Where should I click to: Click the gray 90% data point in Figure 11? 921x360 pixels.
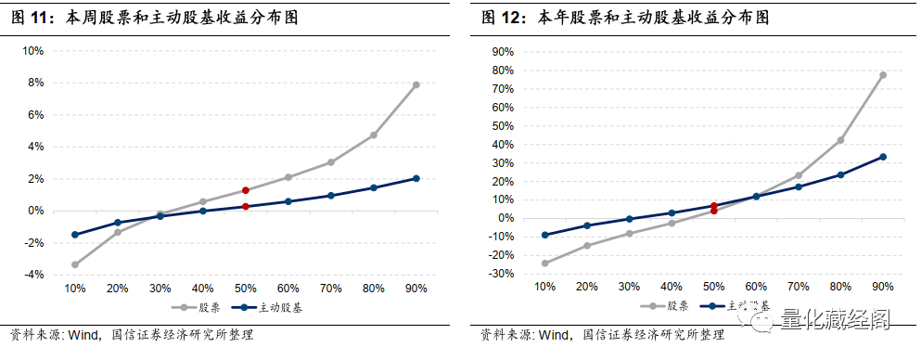[416, 84]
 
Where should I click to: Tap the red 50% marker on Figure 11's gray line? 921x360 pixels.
[245, 190]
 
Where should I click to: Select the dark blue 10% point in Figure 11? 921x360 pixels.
[74, 235]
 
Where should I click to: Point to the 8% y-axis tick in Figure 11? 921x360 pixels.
[34, 83]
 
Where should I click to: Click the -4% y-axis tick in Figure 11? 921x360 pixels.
[32, 275]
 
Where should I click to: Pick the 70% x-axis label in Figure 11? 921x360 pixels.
[330, 289]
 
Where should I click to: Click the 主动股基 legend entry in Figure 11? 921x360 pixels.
[277, 306]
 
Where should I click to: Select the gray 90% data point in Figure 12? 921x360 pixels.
[883, 75]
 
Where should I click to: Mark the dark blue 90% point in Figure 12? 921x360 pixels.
[883, 157]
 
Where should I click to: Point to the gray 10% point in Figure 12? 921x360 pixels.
[544, 264]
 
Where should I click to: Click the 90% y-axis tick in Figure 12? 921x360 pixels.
[505, 51]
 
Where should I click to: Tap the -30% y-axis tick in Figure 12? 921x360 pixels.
[503, 274]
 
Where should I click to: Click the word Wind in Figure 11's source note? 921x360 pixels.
[85, 335]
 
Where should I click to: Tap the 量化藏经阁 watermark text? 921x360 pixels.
[835, 321]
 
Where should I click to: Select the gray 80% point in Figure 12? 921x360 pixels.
[840, 140]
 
